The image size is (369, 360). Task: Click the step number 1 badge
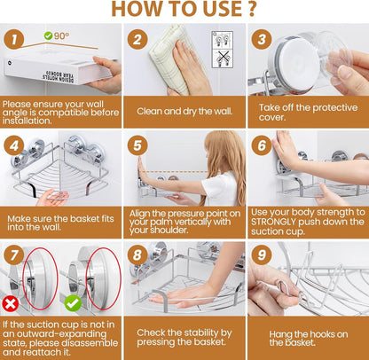[x=14, y=40]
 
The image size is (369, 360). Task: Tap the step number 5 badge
[x=137, y=145]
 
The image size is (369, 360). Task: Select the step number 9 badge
[x=262, y=254]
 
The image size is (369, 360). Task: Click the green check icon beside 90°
[x=48, y=35]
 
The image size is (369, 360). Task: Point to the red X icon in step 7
[x=11, y=303]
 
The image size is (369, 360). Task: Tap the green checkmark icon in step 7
[x=73, y=303]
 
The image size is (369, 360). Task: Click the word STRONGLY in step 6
[x=273, y=222]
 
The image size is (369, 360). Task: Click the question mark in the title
[x=251, y=9]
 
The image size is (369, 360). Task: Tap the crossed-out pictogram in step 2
[x=223, y=59]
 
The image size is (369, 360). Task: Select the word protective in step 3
[x=334, y=108]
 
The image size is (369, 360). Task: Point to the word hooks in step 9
[x=320, y=334]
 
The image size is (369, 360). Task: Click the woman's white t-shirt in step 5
[x=220, y=188]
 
